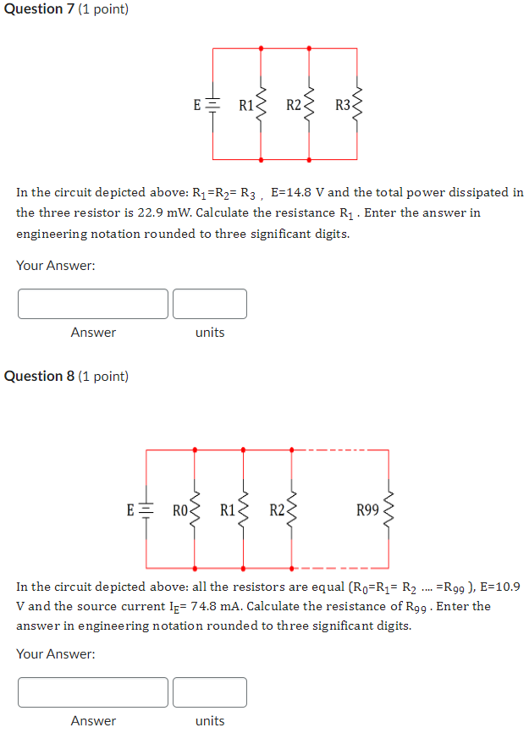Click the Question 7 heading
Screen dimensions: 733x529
pyautogui.click(x=66, y=9)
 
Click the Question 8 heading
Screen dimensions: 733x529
pyautogui.click(x=66, y=376)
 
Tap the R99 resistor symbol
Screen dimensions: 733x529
pyautogui.click(x=390, y=510)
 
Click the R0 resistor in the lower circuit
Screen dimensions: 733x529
pyautogui.click(x=196, y=510)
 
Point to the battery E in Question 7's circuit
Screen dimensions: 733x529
pyautogui.click(x=212, y=105)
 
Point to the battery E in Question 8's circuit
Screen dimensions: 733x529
pyautogui.click(x=146, y=510)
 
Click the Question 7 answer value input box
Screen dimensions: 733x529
pyautogui.click(x=93, y=304)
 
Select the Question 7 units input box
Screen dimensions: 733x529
pyautogui.click(x=210, y=304)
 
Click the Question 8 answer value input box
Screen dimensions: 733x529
pyautogui.click(x=93, y=692)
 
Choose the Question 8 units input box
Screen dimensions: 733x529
pyautogui.click(x=210, y=692)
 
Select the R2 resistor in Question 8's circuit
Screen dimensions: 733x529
pyautogui.click(x=293, y=510)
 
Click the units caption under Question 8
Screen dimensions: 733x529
pyautogui.click(x=210, y=721)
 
